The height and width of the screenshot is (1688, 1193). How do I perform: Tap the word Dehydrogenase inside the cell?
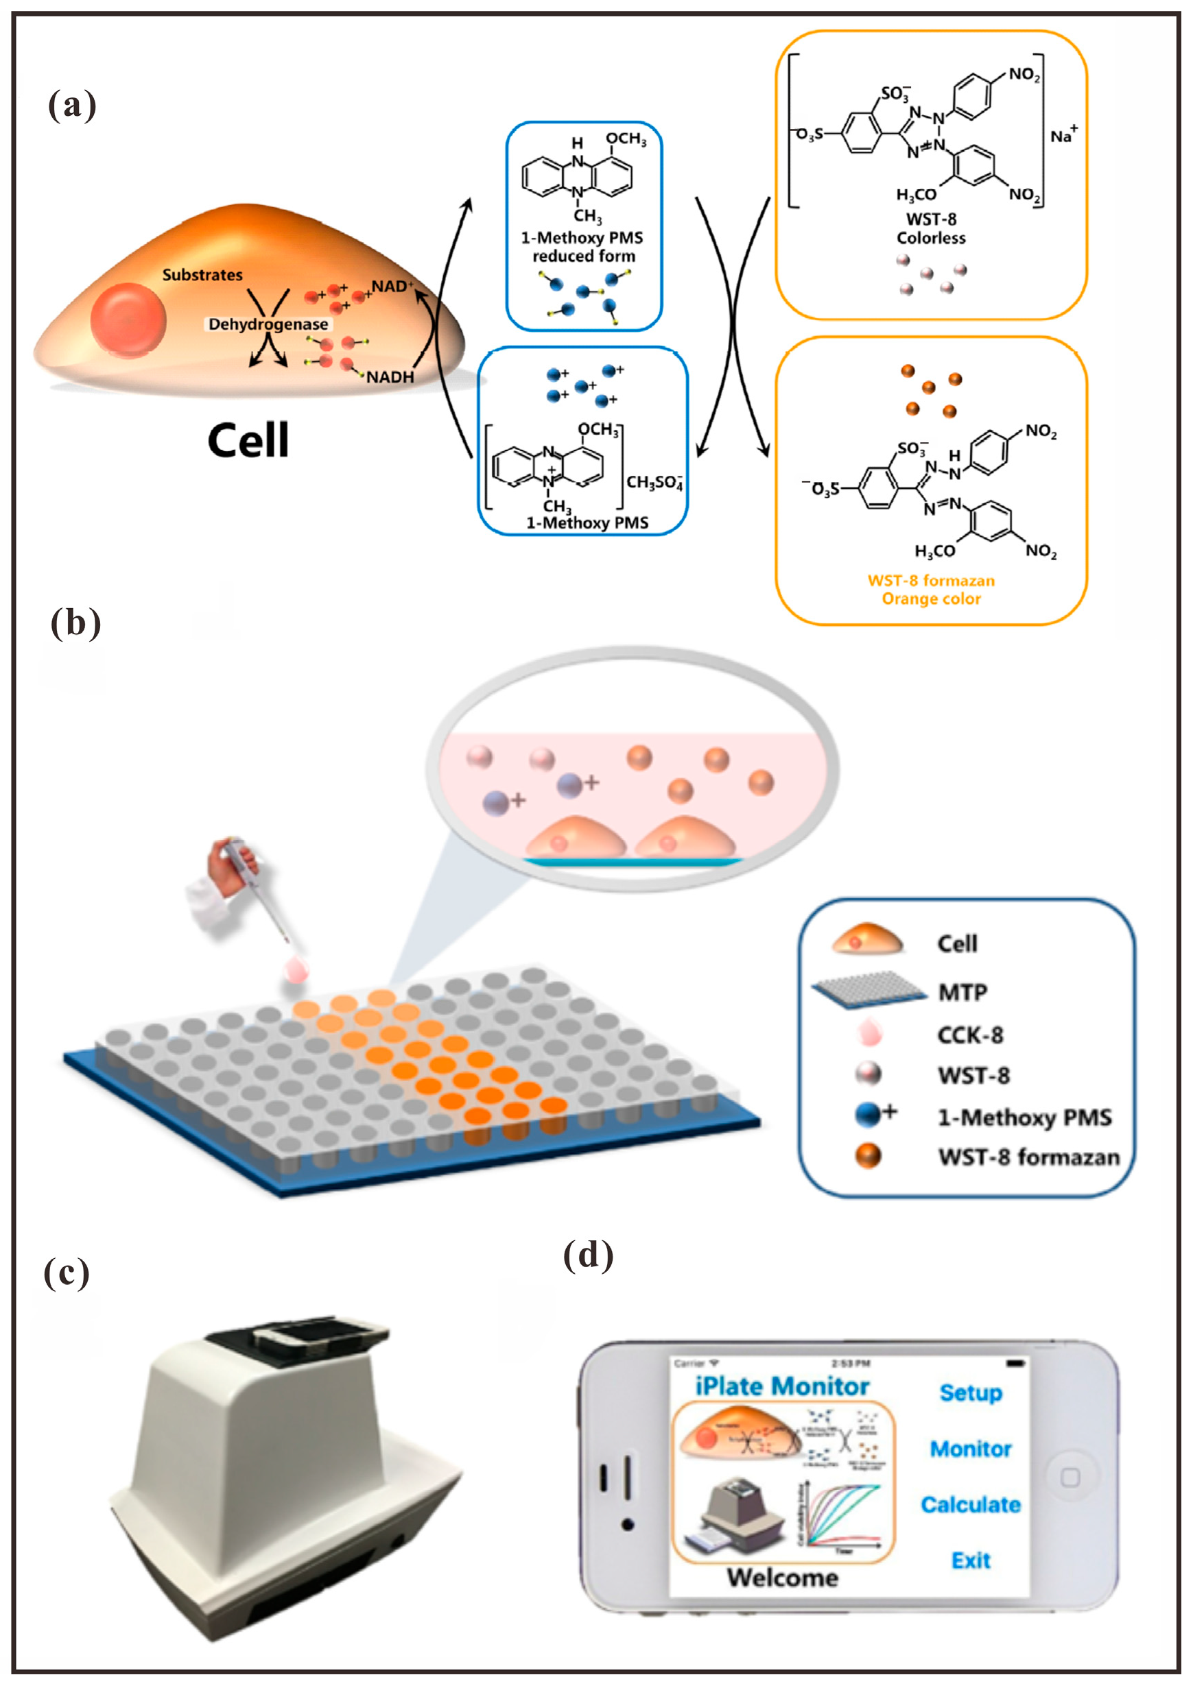tap(268, 324)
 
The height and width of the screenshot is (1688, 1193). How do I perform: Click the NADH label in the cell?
tap(390, 377)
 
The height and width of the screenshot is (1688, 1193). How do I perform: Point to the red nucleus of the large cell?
tap(129, 321)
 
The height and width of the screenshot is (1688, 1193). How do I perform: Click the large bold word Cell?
tap(248, 440)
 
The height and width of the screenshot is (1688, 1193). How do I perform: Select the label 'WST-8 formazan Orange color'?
tap(930, 590)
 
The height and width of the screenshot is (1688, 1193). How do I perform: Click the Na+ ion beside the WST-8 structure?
tap(1063, 135)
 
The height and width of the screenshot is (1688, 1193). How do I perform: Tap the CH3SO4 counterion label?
tap(654, 482)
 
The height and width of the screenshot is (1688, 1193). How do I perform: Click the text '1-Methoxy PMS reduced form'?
tap(582, 247)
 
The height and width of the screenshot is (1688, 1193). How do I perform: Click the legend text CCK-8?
tap(969, 1035)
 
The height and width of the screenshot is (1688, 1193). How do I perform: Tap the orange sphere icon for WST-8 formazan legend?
tap(868, 1157)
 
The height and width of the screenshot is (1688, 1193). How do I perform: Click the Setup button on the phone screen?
tap(970, 1392)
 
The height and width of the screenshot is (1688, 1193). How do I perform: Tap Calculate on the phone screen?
tap(970, 1505)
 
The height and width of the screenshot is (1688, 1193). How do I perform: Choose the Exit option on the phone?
tap(970, 1560)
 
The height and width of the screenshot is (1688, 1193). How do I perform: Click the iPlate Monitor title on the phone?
tap(782, 1386)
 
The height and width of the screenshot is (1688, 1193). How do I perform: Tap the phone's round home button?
tap(1070, 1477)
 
